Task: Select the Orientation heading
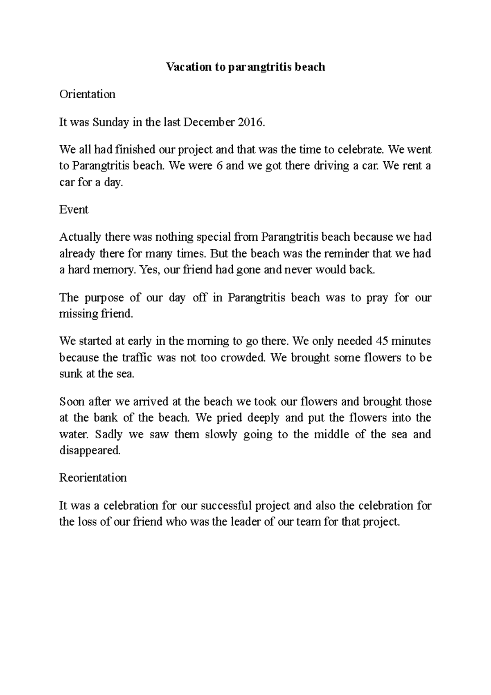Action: pyautogui.click(x=87, y=95)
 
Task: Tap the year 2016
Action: pyautogui.click(x=250, y=122)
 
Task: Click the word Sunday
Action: pyautogui.click(x=110, y=122)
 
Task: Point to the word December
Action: pyautogui.click(x=209, y=122)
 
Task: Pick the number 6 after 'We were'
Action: pyautogui.click(x=219, y=166)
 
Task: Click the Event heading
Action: pyautogui.click(x=74, y=210)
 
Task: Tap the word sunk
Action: pyautogui.click(x=71, y=374)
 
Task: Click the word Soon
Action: pyautogui.click(x=72, y=402)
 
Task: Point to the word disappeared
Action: pyautogui.click(x=90, y=451)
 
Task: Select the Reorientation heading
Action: pyautogui.click(x=93, y=478)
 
